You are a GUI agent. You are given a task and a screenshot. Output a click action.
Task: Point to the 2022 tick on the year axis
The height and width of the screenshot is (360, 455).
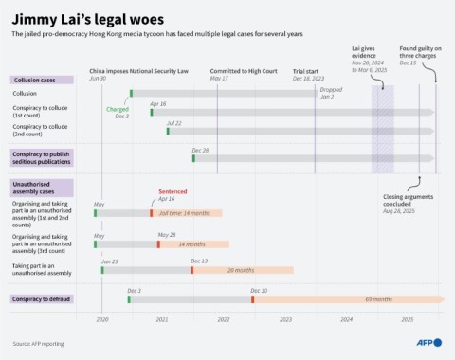click(x=224, y=320)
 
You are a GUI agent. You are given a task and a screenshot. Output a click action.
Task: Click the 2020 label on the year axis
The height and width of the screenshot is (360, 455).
click(x=102, y=320)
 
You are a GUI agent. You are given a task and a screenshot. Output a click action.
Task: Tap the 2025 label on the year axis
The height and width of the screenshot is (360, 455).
click(x=407, y=320)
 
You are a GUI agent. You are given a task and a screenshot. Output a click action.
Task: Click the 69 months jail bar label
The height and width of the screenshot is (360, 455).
click(x=378, y=299)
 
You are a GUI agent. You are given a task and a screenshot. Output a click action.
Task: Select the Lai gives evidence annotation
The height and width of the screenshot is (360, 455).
click(x=377, y=61)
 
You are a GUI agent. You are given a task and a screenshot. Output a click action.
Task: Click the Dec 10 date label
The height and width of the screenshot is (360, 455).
click(x=259, y=290)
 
